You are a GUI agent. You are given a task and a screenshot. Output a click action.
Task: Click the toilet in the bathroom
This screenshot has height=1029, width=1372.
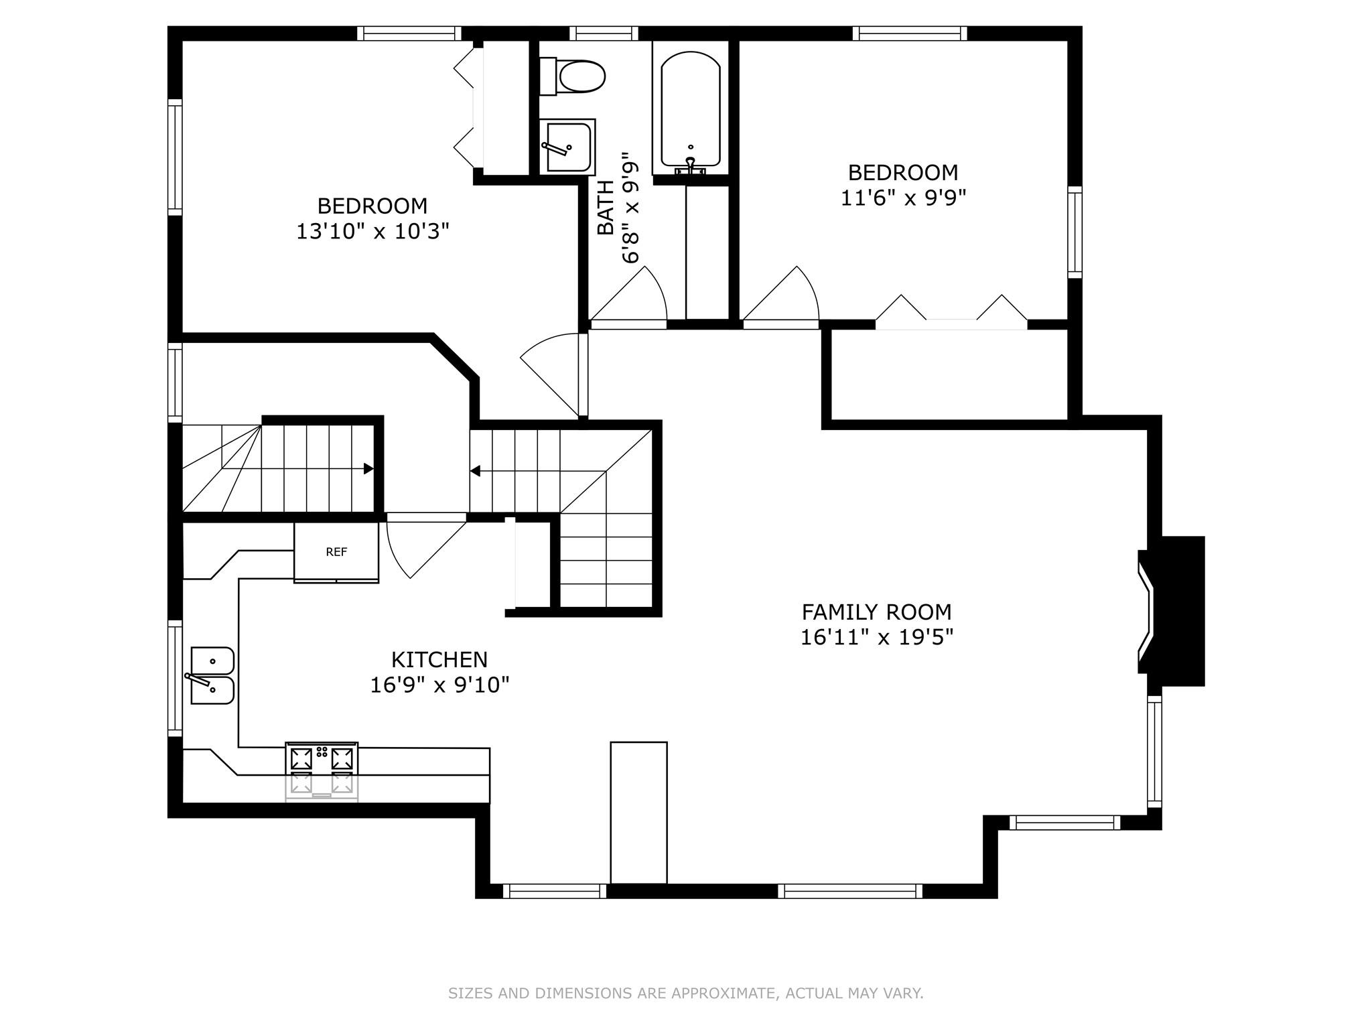[x=573, y=76]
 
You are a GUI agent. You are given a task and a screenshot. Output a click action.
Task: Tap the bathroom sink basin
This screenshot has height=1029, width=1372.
[x=567, y=147]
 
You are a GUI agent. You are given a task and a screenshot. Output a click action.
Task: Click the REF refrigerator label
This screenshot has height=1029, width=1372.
[x=336, y=552]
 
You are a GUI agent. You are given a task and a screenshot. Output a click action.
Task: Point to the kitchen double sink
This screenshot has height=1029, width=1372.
[x=212, y=675]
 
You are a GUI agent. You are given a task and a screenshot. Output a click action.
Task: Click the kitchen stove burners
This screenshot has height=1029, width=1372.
[x=322, y=758]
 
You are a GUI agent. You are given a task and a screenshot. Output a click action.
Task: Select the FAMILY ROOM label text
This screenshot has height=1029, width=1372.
[x=876, y=612]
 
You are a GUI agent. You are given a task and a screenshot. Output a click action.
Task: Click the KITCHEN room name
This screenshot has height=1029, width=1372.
[x=439, y=660]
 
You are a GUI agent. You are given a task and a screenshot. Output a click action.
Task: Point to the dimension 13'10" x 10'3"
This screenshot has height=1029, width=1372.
[x=372, y=231]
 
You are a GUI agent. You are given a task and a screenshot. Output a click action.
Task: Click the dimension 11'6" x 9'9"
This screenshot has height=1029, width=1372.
[x=903, y=198]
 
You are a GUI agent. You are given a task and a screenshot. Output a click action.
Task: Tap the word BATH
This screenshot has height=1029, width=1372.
[x=606, y=208]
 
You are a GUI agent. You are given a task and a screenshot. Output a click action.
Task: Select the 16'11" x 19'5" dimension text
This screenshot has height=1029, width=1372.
[x=876, y=636]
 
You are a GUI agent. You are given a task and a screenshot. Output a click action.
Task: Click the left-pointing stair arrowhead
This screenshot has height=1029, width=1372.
[x=475, y=471]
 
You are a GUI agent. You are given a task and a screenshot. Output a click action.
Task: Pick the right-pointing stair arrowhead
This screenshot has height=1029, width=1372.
[x=368, y=469]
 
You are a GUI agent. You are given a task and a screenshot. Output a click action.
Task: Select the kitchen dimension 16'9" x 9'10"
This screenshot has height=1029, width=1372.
[x=439, y=685]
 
